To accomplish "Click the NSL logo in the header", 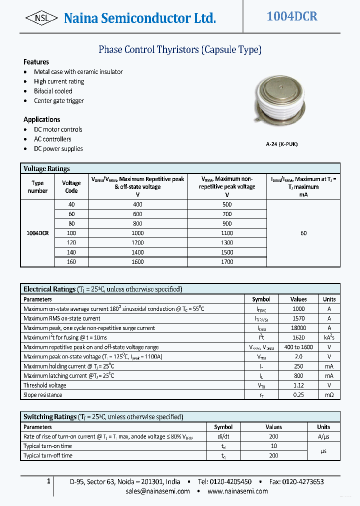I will click(x=41, y=18).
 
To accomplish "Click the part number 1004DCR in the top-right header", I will click(x=291, y=16).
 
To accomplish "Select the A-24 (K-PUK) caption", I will click(x=282, y=144).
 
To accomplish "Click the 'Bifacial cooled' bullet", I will click(x=53, y=91).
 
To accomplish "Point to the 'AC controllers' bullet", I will click(x=52, y=139).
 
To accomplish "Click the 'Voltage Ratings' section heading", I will click(x=46, y=168).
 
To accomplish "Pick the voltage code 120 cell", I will click(x=71, y=243).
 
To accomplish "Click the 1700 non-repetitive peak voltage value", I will click(x=227, y=262).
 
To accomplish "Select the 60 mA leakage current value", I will click(x=303, y=233).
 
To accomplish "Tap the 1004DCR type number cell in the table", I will click(x=37, y=233).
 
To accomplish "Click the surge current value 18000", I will click(x=298, y=328).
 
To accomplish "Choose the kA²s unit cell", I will click(x=329, y=337).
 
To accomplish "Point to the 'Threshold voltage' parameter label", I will click(x=45, y=385).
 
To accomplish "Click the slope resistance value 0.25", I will click(x=298, y=395).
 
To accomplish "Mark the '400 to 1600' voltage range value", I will click(x=298, y=347).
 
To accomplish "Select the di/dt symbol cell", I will click(x=223, y=436).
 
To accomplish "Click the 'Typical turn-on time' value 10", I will click(x=273, y=446).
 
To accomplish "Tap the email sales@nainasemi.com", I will click(x=157, y=491).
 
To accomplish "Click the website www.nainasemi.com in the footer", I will click(x=237, y=491).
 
